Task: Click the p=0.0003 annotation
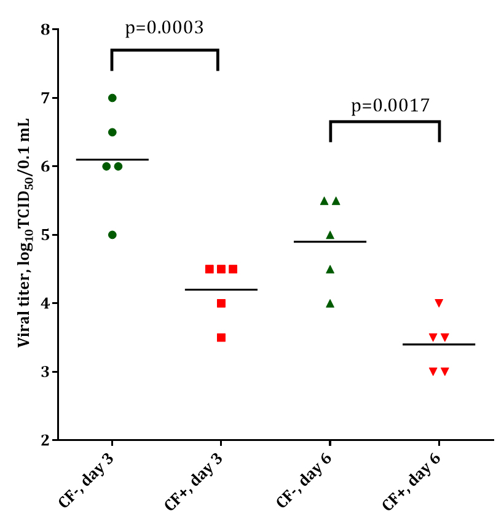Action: click(x=164, y=28)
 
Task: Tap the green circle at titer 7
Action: click(x=112, y=98)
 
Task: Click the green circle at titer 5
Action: click(x=112, y=235)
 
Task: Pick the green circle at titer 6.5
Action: click(x=112, y=132)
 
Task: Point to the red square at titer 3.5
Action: click(x=221, y=337)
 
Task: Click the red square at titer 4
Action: click(x=221, y=303)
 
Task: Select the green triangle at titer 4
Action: click(x=330, y=303)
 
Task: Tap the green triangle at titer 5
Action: click(x=330, y=235)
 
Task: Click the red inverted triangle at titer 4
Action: click(x=439, y=303)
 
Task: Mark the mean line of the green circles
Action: click(x=112, y=160)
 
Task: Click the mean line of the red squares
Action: click(x=221, y=289)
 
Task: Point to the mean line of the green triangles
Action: click(x=330, y=241)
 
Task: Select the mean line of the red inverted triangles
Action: click(x=439, y=345)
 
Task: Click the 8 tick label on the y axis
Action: click(x=45, y=29)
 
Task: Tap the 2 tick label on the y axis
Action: click(x=45, y=440)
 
